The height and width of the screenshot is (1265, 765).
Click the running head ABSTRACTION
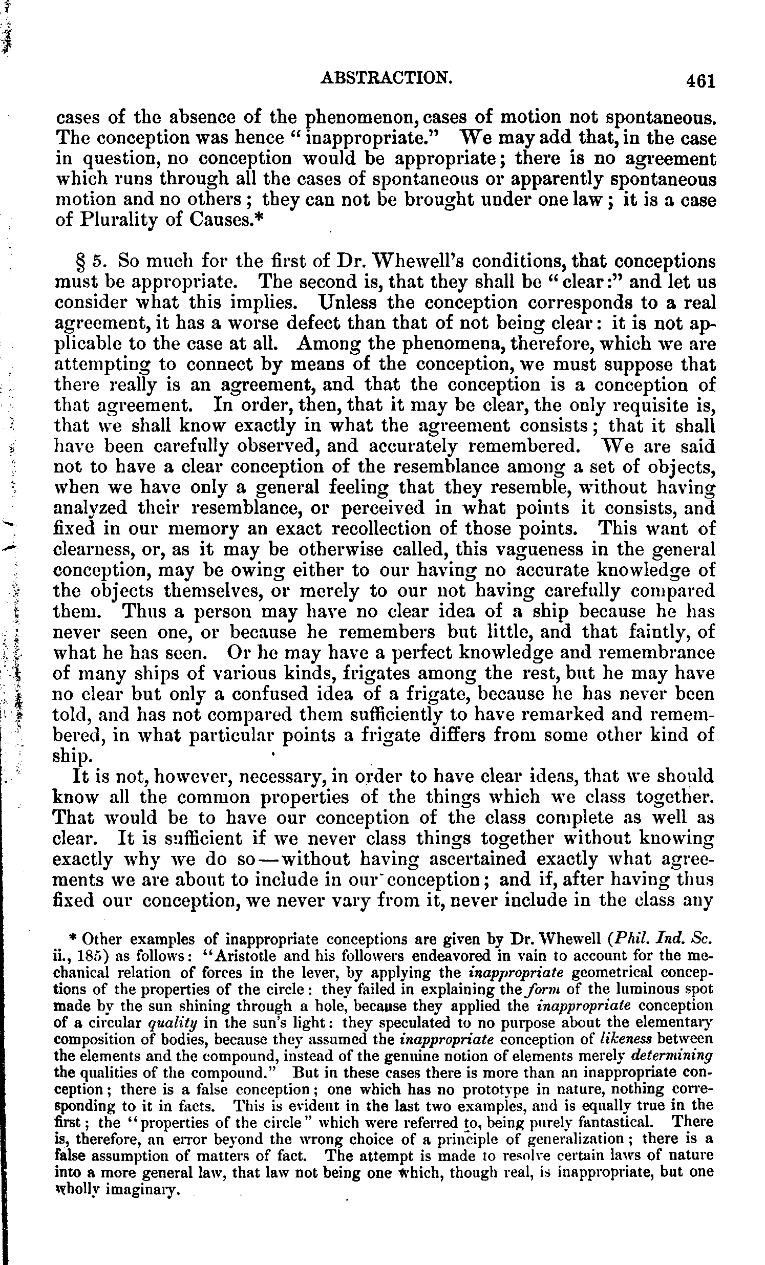386,77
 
